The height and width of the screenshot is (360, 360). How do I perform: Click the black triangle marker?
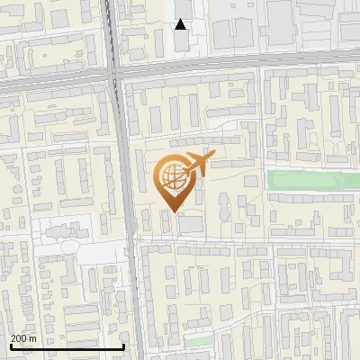click(181, 24)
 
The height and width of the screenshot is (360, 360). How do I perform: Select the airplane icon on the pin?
click(196, 164)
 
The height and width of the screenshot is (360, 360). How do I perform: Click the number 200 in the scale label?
click(19, 338)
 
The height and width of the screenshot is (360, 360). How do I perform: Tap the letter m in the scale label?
click(33, 338)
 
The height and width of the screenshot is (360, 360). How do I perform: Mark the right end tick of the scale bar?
click(123, 346)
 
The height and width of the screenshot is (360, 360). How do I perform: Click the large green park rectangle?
click(310, 181)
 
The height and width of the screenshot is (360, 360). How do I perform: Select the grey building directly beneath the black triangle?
click(182, 40)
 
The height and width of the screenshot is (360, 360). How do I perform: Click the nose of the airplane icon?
click(211, 157)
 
